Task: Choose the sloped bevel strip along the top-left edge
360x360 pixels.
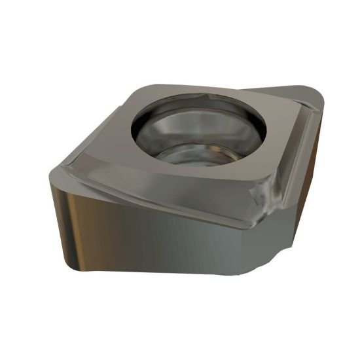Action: [92, 141]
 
